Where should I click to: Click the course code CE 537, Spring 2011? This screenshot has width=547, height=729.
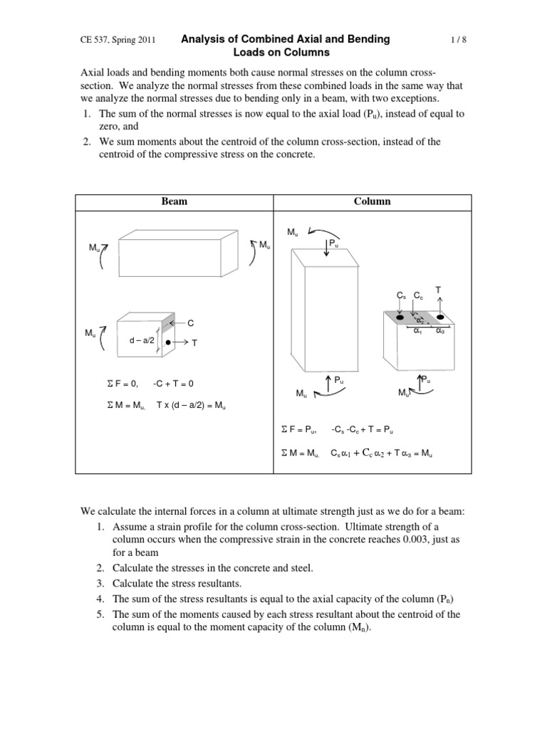(119, 41)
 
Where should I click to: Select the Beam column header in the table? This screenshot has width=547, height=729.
(174, 201)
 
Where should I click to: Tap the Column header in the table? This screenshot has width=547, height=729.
(372, 201)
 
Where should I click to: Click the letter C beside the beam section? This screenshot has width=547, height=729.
(191, 322)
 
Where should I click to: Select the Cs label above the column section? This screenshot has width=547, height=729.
(401, 295)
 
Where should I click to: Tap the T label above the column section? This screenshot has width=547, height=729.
(438, 289)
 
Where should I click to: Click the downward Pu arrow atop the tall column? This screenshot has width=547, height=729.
(326, 251)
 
